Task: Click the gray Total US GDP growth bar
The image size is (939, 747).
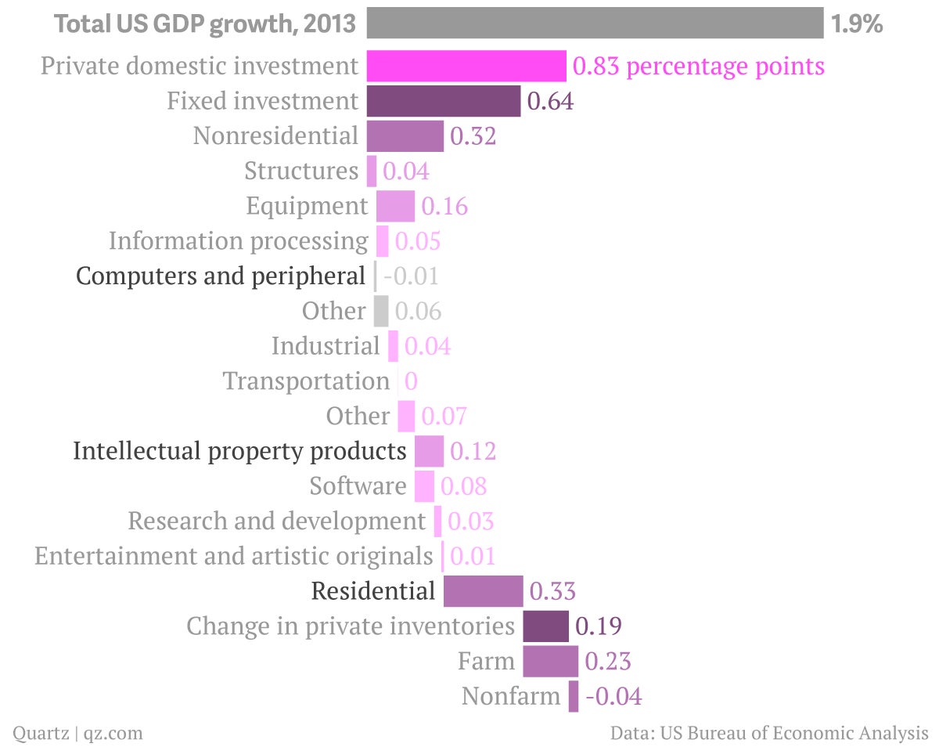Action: [x=595, y=23]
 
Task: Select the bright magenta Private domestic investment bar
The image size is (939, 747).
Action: [x=466, y=66]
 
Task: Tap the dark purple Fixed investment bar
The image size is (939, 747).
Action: [x=444, y=101]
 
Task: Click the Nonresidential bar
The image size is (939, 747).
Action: [x=405, y=136]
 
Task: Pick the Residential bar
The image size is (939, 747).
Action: [x=483, y=591]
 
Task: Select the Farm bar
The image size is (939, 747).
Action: [x=551, y=661]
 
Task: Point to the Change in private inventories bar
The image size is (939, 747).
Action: [x=546, y=626]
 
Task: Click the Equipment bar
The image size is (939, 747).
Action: [x=395, y=206]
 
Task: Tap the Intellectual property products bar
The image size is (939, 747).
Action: [x=429, y=451]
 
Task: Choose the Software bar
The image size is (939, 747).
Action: [x=424, y=486]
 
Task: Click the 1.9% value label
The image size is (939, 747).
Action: [x=857, y=23]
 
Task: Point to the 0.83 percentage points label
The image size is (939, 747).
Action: [x=698, y=67]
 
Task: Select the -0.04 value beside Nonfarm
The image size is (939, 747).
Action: [x=613, y=696]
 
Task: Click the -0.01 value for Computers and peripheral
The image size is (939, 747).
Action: [x=411, y=276]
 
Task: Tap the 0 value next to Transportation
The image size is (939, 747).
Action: [x=411, y=381]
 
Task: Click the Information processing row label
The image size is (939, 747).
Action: [x=238, y=241]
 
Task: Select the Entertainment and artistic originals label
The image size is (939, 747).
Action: [x=233, y=556]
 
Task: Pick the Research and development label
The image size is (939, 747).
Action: [x=276, y=521]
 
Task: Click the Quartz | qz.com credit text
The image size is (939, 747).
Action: [x=77, y=733]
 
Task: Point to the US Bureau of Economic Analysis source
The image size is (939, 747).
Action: [x=794, y=733]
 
